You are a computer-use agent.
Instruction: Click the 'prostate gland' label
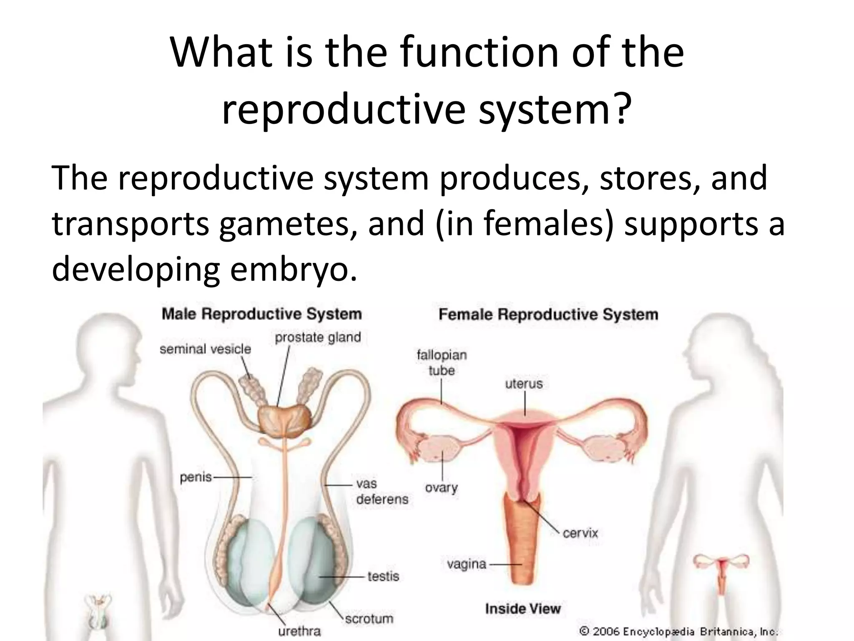click(318, 337)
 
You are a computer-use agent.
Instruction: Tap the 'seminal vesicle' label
click(205, 349)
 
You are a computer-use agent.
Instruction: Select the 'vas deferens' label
click(382, 492)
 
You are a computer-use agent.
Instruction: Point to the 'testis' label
click(383, 576)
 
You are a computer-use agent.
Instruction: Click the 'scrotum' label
click(369, 618)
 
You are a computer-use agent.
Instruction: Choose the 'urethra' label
click(299, 631)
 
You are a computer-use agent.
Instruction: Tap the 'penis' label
click(196, 477)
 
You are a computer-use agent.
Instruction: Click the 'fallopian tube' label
click(441, 363)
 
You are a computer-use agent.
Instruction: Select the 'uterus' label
click(524, 384)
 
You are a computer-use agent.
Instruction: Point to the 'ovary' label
click(441, 487)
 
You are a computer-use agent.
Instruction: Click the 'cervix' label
click(580, 533)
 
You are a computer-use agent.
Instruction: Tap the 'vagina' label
click(467, 564)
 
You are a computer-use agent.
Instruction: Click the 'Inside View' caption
click(523, 608)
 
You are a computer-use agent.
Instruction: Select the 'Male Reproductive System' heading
click(261, 314)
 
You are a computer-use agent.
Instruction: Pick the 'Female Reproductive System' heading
click(548, 314)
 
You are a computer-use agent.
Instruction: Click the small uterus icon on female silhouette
click(721, 568)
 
